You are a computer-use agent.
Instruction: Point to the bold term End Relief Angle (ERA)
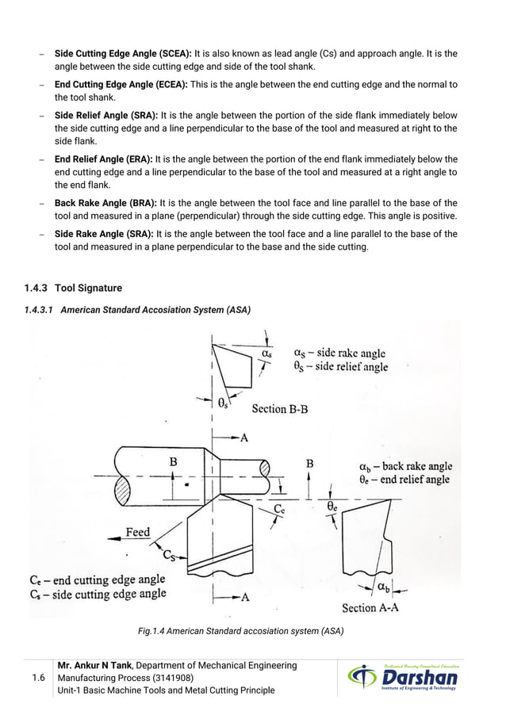point(104,159)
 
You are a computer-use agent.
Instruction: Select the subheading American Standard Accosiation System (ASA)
point(155,310)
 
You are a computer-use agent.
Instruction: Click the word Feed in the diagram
point(137,532)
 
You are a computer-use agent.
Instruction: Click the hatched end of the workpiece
point(123,486)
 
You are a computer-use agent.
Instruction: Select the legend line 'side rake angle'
point(339,353)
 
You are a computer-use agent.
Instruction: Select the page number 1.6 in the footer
point(37,678)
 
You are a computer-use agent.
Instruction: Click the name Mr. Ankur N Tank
point(91,665)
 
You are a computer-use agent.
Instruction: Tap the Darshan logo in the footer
point(403,678)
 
